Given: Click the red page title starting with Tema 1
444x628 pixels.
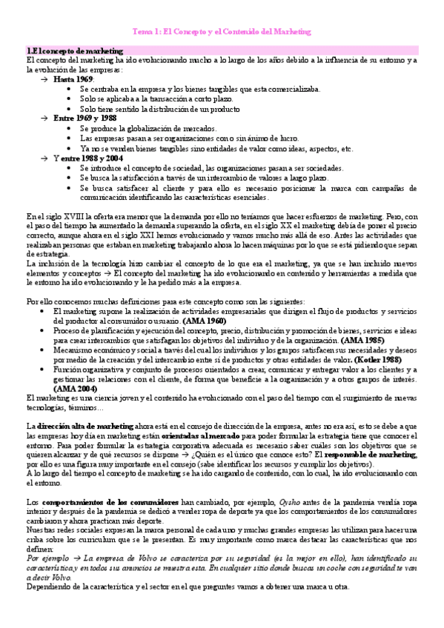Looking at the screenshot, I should click(222, 33).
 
